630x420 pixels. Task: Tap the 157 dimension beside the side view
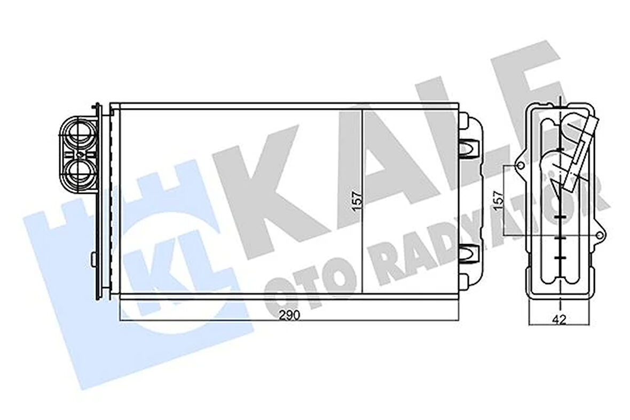(x=498, y=200)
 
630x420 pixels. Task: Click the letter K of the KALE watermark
(x=267, y=187)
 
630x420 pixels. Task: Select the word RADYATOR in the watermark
(x=481, y=240)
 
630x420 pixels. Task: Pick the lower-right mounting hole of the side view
(x=600, y=235)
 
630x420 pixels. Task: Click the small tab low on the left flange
(x=93, y=259)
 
